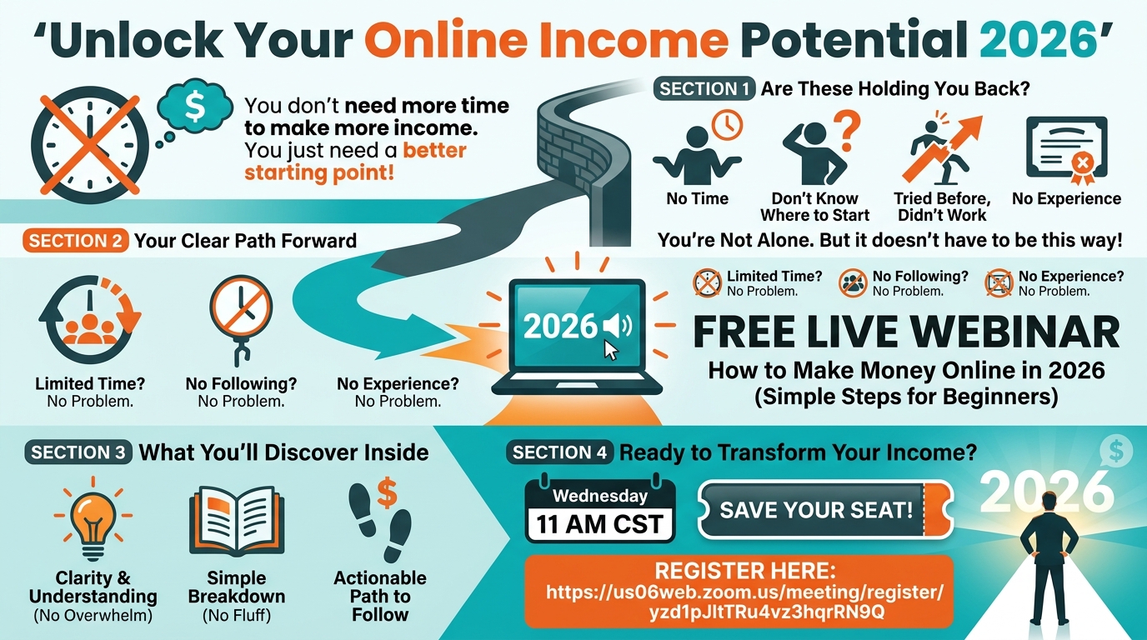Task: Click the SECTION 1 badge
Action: (704, 89)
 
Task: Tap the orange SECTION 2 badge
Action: (75, 241)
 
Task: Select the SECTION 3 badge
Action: (78, 452)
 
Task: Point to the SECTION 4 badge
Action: (559, 452)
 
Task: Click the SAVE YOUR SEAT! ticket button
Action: (825, 510)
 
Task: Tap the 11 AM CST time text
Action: (599, 525)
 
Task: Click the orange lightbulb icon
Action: (93, 518)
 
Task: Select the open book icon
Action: (237, 521)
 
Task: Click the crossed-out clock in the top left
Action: (90, 145)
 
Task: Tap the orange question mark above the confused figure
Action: (847, 132)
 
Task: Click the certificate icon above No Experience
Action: (1067, 149)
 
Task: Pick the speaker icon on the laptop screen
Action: (618, 326)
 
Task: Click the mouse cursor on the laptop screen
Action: (611, 351)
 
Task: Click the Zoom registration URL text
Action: (744, 602)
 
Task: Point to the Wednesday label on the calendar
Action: (600, 496)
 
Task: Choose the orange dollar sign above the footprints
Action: (387, 492)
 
